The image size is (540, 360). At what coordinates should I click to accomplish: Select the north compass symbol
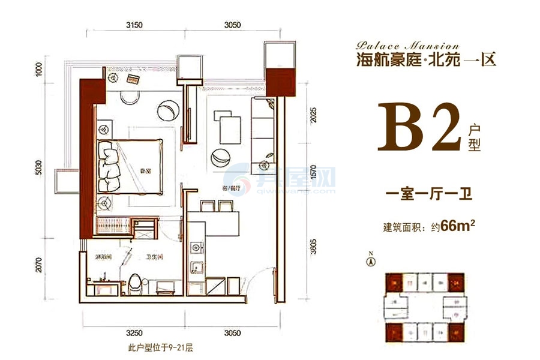pyautogui.click(x=371, y=260)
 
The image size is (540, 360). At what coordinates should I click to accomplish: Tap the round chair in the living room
pyautogui.click(x=220, y=157)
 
